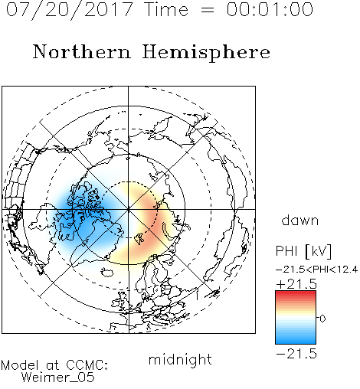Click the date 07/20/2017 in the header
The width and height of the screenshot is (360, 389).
(x=70, y=10)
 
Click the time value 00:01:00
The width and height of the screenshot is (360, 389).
(x=270, y=9)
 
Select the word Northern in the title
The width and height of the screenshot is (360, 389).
(x=82, y=51)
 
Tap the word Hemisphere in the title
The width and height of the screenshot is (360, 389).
(x=206, y=53)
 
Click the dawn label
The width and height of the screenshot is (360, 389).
(x=299, y=220)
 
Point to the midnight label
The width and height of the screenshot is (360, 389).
(x=180, y=360)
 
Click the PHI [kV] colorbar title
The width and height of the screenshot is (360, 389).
(x=304, y=251)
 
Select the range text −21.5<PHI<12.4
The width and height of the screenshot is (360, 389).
(x=317, y=270)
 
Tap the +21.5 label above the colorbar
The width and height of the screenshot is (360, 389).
(x=296, y=284)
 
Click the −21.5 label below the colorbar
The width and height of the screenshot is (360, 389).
(x=296, y=354)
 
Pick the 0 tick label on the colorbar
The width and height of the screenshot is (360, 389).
(x=322, y=319)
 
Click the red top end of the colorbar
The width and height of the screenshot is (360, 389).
(x=296, y=293)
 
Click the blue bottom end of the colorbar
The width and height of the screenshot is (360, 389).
(x=296, y=342)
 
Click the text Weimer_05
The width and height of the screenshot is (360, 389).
(x=58, y=377)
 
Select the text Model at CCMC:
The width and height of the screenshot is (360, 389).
(x=54, y=365)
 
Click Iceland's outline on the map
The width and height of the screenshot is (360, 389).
(x=107, y=272)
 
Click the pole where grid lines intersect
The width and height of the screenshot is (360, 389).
(x=128, y=209)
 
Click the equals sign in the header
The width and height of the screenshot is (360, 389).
(x=207, y=10)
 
